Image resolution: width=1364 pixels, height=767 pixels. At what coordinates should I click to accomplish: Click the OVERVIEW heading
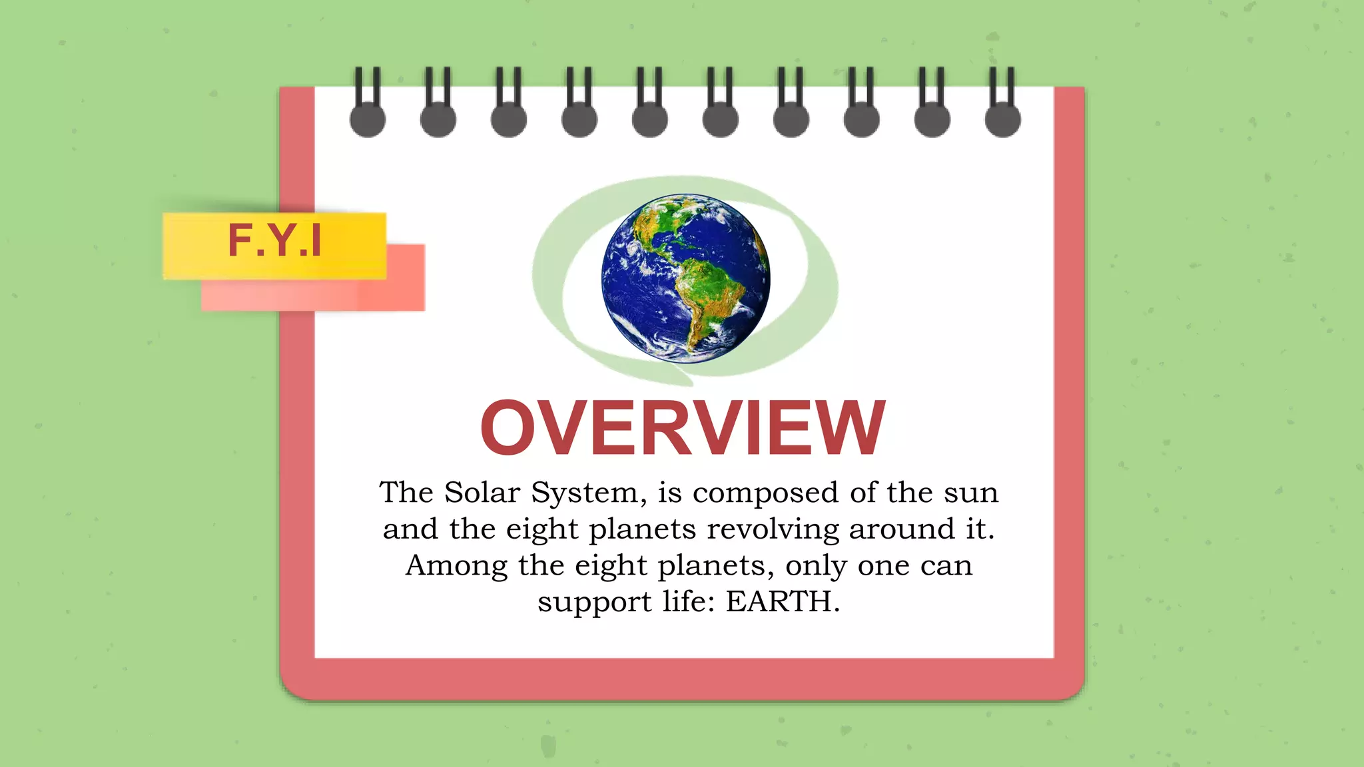coord(683,428)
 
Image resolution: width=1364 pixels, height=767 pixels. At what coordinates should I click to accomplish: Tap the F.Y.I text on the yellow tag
coord(274,240)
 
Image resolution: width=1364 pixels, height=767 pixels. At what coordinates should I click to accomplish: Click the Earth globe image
coord(685,278)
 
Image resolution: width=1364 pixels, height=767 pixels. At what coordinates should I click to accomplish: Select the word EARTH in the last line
coord(779,601)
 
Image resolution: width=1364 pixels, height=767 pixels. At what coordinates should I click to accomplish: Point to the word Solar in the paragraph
coord(482,493)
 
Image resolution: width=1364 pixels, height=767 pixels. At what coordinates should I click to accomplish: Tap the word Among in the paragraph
coord(456,566)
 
